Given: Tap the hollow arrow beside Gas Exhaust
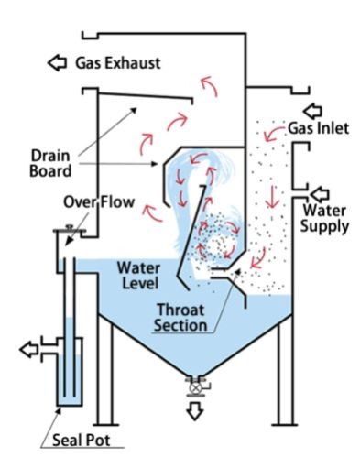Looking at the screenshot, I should point(58,63).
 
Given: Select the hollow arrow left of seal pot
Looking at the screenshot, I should point(30,348).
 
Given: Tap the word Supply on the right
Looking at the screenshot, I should point(326,224).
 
